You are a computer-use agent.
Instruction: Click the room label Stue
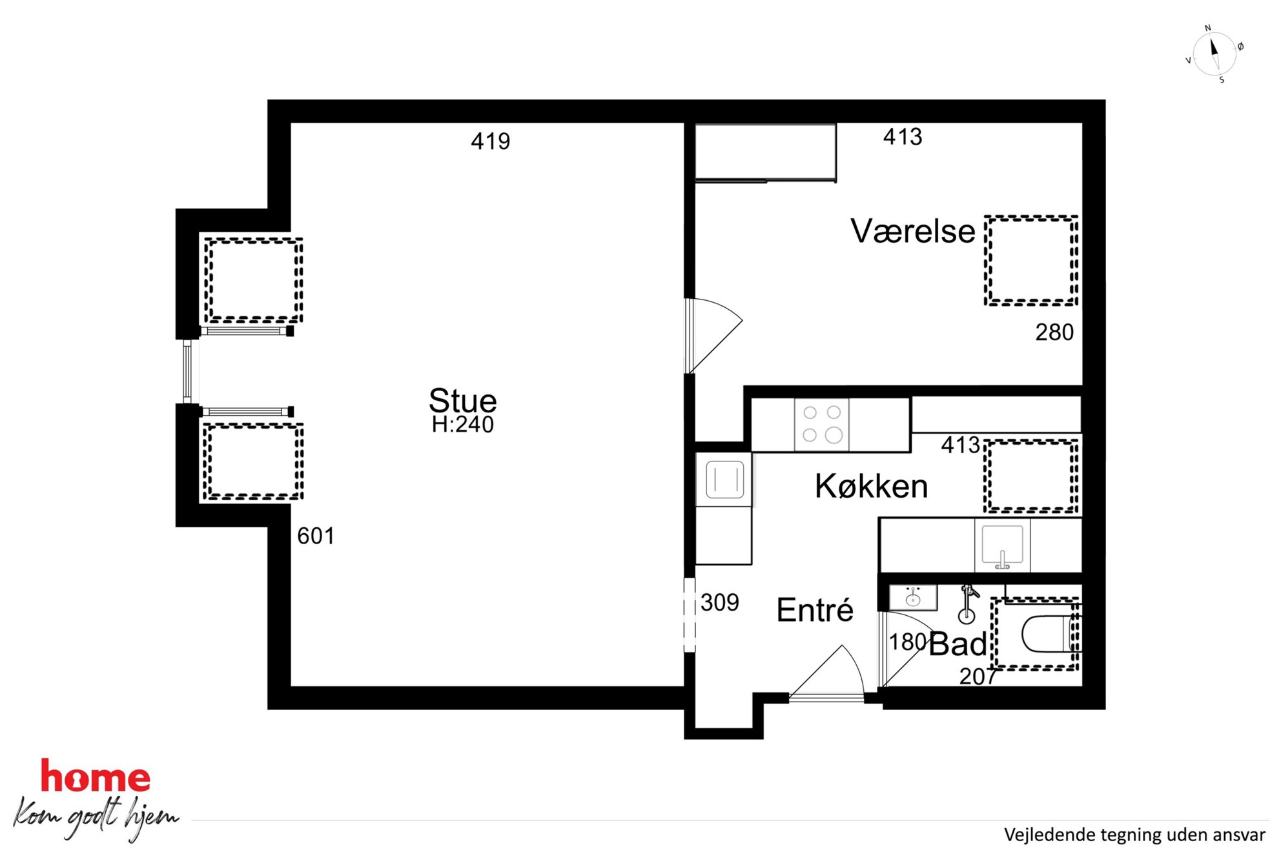463,400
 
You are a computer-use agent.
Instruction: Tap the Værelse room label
912,231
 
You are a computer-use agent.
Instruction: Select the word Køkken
871,486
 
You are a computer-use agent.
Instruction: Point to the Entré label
815,610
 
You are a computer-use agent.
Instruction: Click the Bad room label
958,644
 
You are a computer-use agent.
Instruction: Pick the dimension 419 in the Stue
490,141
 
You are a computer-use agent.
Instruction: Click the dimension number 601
316,536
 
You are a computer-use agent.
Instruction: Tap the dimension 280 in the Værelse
1054,332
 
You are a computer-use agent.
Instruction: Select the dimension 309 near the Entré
720,603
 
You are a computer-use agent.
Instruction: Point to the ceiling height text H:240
463,425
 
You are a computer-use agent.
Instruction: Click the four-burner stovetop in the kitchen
822,425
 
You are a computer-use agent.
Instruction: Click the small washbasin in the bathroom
912,598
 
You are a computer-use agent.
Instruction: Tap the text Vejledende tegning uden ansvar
1134,835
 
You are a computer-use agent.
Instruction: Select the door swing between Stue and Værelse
713,334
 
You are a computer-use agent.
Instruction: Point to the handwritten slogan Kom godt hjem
95,818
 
